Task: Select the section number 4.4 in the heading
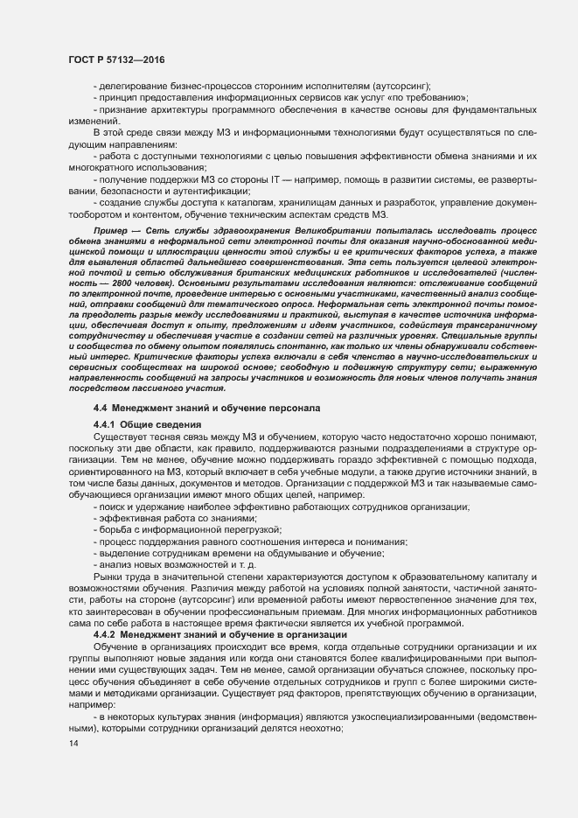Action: pyautogui.click(x=100, y=409)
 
